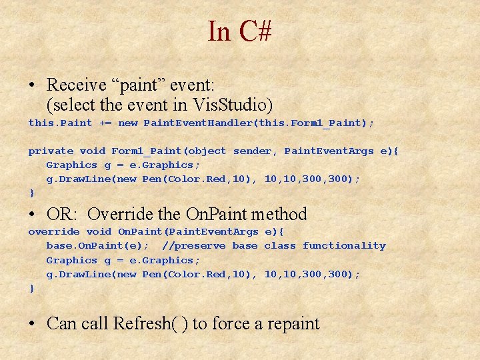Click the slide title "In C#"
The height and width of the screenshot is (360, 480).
click(x=239, y=31)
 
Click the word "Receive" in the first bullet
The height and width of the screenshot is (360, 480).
click(x=77, y=85)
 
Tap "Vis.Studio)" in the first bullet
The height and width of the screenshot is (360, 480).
click(x=233, y=105)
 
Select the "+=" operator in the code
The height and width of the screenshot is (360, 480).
click(x=105, y=123)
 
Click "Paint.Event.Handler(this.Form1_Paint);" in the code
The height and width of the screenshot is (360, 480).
click(x=259, y=123)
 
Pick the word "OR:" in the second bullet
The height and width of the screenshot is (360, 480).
click(x=63, y=215)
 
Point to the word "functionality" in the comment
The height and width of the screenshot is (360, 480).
click(x=344, y=246)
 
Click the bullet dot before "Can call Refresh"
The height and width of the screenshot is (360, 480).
click(x=32, y=325)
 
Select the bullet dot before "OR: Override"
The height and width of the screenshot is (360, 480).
click(x=32, y=215)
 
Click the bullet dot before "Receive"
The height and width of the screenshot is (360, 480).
click(x=32, y=86)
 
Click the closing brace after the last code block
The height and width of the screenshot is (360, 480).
click(x=31, y=289)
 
